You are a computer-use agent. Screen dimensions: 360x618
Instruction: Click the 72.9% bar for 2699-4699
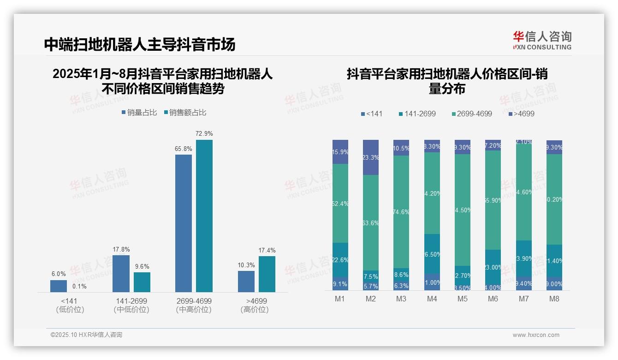204,216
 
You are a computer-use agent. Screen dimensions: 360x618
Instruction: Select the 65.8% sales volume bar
184,223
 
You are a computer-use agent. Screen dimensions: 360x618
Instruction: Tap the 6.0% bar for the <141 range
59,286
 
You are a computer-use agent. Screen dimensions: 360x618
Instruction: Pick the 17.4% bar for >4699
267,274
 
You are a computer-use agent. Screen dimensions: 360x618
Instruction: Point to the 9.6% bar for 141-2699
142,282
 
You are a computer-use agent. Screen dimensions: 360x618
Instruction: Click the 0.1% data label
79,287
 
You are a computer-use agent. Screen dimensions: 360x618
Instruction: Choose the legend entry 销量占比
139,113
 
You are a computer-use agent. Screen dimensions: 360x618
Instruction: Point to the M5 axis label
463,299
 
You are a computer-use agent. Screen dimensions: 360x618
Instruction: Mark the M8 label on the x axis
554,299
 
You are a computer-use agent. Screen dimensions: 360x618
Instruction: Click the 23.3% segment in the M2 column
371,157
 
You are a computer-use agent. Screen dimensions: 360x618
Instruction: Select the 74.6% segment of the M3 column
401,212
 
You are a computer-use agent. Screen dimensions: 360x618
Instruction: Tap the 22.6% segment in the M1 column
340,260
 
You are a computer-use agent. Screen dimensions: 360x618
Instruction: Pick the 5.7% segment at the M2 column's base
371,286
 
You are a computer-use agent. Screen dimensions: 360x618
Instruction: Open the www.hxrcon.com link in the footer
536,335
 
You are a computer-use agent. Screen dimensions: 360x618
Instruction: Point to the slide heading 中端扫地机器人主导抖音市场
140,44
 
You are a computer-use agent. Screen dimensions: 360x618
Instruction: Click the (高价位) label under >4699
255,310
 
